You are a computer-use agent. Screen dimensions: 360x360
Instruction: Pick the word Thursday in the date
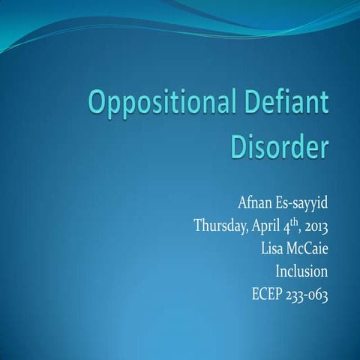(x=221, y=226)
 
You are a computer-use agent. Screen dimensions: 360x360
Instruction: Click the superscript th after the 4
(x=306, y=220)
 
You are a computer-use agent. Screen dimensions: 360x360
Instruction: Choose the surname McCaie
(x=307, y=247)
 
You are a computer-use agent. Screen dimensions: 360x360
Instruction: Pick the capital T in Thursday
(x=198, y=225)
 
